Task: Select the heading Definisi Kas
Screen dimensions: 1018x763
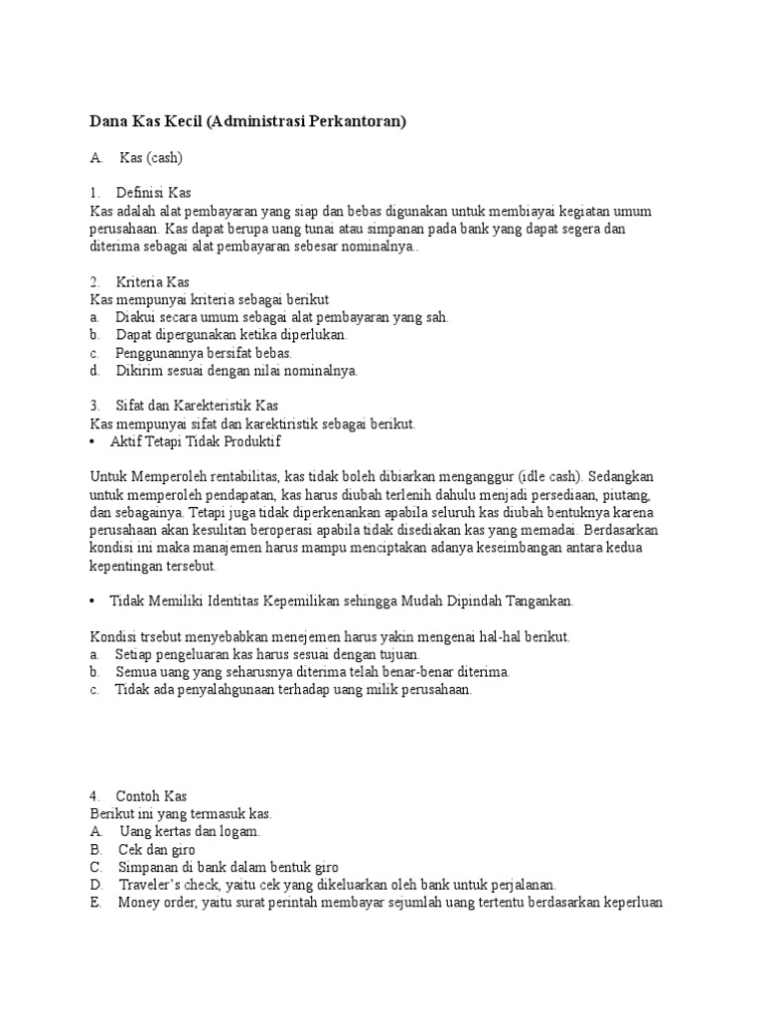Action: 154,193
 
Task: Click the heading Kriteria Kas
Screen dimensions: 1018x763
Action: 153,282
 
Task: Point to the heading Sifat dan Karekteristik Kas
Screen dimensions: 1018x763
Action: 197,406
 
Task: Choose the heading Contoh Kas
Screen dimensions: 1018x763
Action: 152,796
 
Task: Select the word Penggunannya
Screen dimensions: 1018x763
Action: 162,353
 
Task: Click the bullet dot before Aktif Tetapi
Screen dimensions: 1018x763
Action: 92,440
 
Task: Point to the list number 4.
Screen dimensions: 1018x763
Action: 93,796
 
